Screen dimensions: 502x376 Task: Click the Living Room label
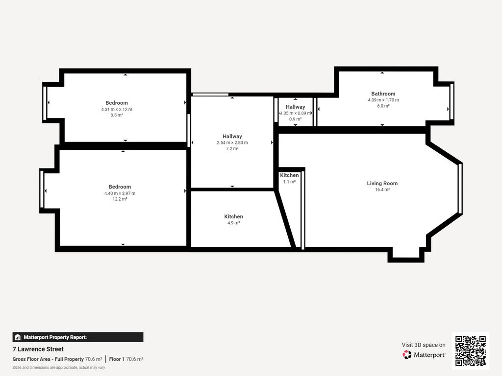coord(382,183)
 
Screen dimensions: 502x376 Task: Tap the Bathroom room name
coord(383,94)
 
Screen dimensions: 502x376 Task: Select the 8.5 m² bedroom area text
coord(117,115)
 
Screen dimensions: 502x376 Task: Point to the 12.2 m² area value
coord(120,199)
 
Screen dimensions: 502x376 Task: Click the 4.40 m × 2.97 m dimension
coord(120,193)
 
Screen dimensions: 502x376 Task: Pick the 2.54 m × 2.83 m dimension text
coord(232,142)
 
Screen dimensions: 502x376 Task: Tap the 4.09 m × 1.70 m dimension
coord(383,100)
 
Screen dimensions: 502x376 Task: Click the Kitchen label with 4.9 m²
coord(233,216)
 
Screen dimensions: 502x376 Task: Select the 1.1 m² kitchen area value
coord(289,182)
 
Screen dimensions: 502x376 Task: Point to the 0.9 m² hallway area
coord(295,119)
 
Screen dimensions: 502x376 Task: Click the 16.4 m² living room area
coord(382,189)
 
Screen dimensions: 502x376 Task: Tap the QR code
coord(470,351)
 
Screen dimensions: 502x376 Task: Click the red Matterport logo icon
coord(406,354)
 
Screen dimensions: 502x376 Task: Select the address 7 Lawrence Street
coord(38,349)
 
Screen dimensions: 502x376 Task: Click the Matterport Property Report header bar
coord(78,337)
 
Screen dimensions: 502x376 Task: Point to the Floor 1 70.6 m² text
coord(126,359)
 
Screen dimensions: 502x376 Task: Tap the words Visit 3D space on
coord(424,345)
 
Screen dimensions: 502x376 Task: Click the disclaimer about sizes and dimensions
coord(59,368)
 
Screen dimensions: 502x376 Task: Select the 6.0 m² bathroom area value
coord(383,106)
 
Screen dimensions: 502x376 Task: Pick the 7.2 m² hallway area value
coord(232,149)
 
